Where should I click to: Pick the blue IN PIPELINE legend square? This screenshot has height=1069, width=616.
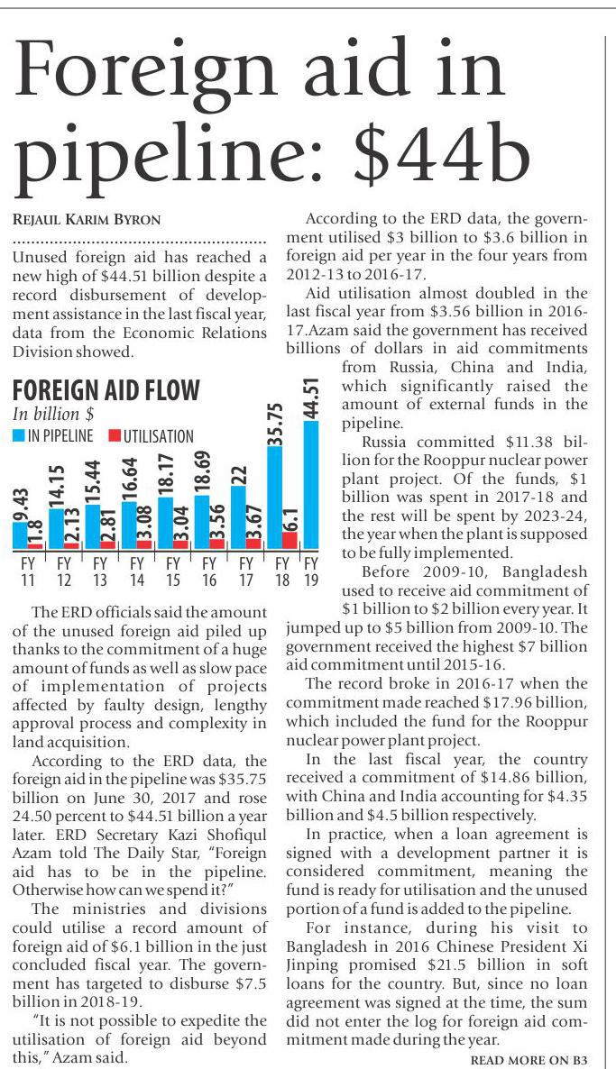tap(18, 436)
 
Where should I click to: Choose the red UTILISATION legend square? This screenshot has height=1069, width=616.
tap(114, 436)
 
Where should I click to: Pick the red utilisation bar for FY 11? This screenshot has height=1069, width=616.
tap(34, 544)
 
